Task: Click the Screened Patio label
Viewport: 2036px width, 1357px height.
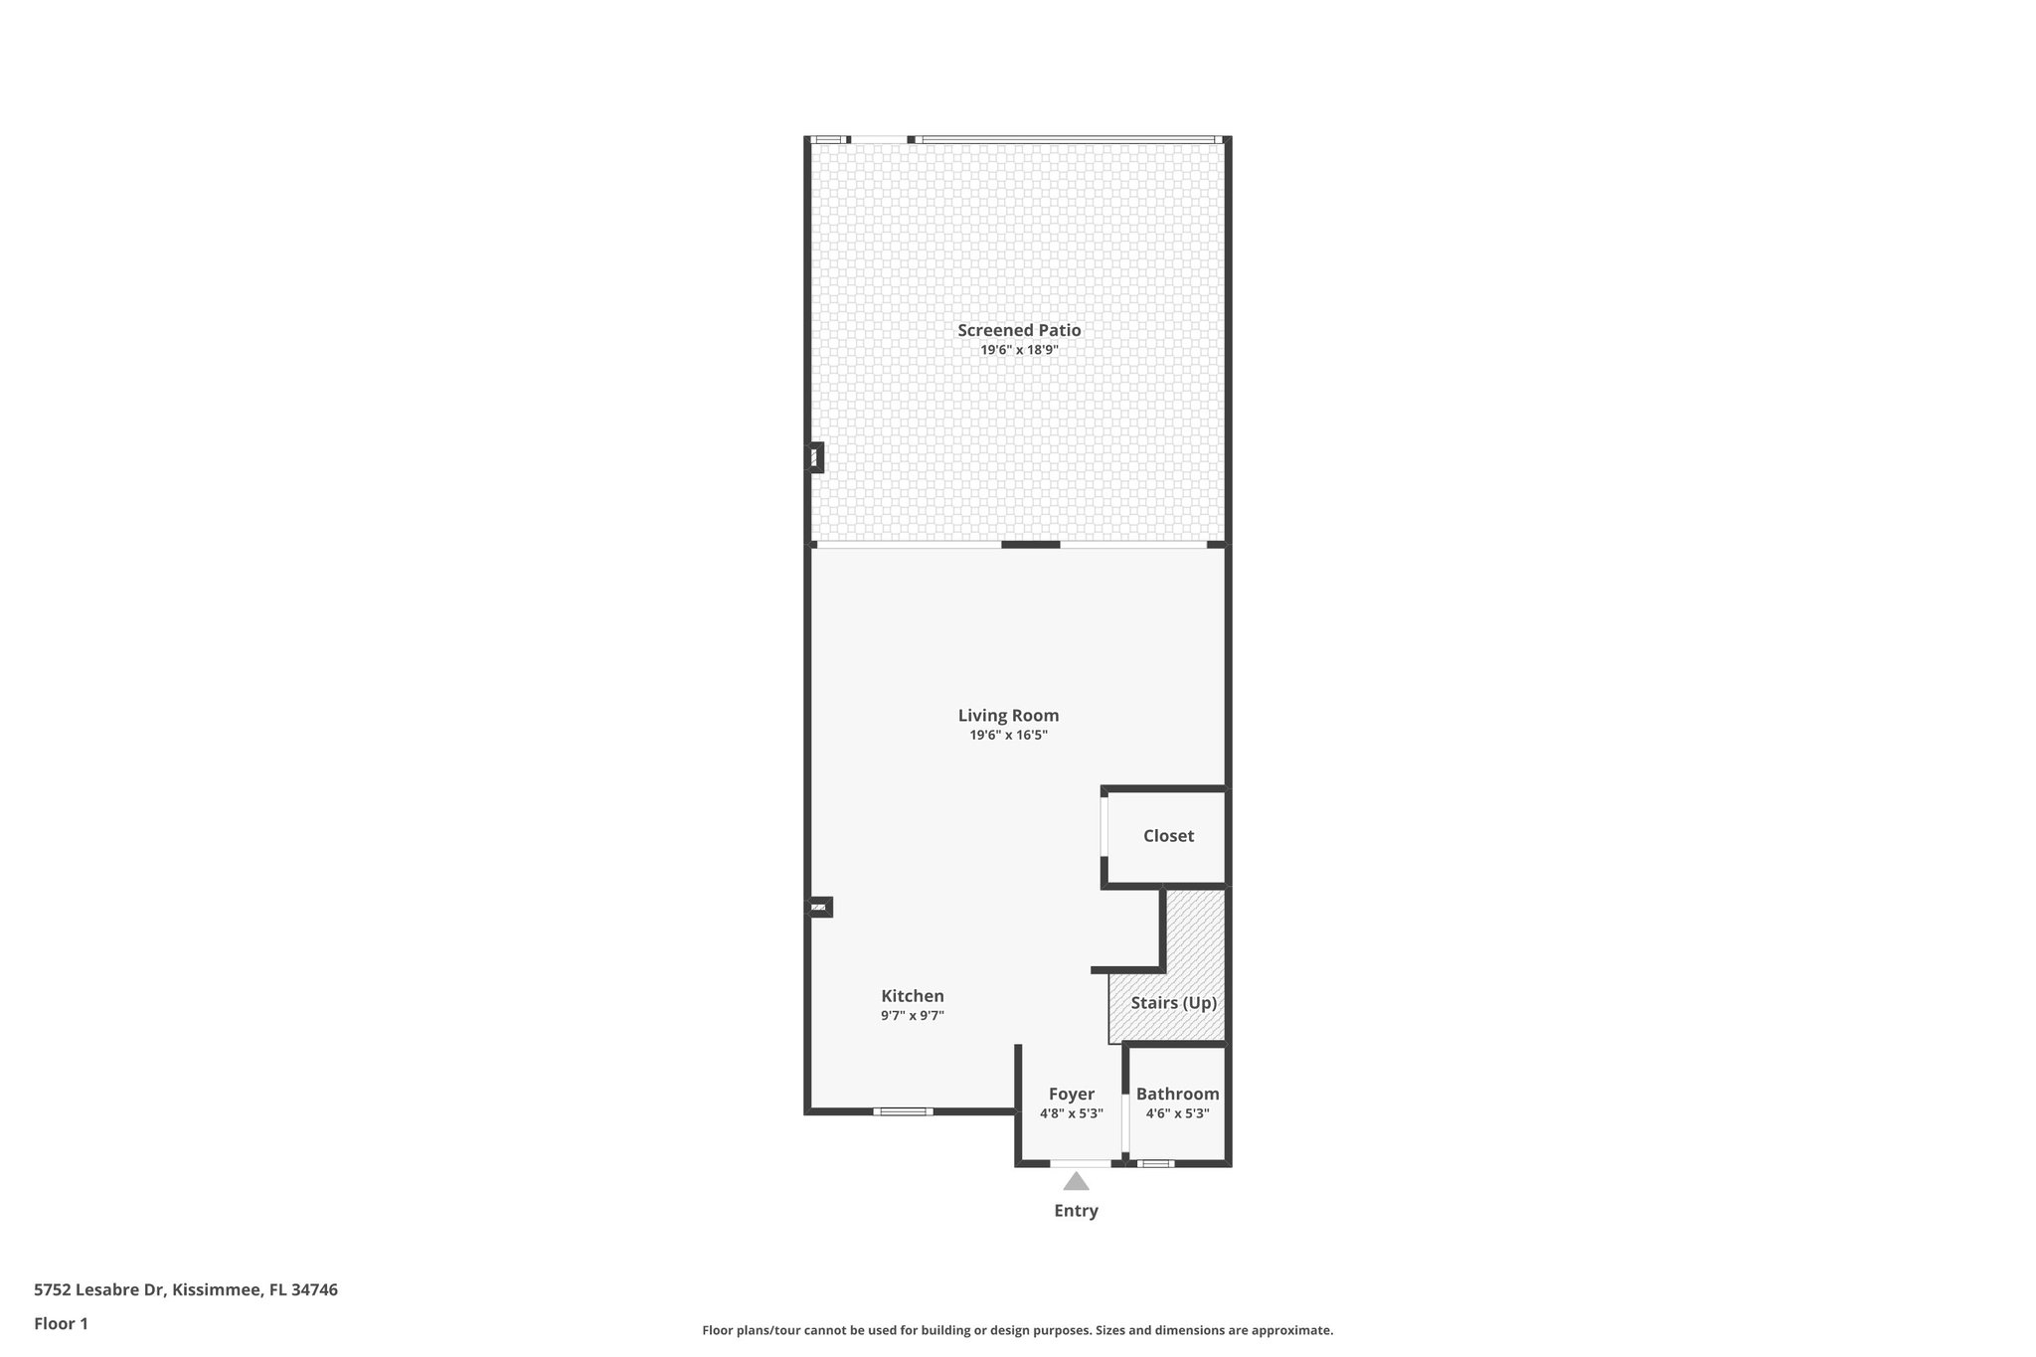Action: (x=1019, y=330)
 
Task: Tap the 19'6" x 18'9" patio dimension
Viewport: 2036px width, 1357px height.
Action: (x=1019, y=350)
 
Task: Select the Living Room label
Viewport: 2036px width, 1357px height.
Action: (x=1008, y=715)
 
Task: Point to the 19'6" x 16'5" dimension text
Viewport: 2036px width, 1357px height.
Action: (x=1008, y=736)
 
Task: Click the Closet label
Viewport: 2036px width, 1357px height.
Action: (x=1168, y=836)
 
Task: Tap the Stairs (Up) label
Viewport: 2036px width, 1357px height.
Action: (x=1173, y=1003)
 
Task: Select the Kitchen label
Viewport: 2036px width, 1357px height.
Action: (x=913, y=996)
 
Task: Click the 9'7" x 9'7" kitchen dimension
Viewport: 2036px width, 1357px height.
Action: (x=913, y=1016)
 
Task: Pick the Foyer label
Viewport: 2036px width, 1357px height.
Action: (x=1071, y=1095)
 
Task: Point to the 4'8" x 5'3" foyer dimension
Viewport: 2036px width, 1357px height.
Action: (x=1071, y=1113)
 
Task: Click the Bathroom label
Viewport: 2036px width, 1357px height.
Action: (x=1177, y=1095)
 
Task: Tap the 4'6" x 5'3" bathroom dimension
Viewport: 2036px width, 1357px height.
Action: (x=1177, y=1113)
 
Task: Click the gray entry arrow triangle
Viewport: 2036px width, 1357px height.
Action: (x=1076, y=1182)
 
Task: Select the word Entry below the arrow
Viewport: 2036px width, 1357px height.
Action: (x=1076, y=1211)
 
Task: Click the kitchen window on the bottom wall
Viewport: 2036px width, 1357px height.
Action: (x=903, y=1111)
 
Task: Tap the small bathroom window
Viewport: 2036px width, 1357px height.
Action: (x=1154, y=1163)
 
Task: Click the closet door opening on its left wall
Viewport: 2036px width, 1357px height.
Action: (x=1103, y=826)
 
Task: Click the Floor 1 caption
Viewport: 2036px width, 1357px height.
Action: (x=61, y=1324)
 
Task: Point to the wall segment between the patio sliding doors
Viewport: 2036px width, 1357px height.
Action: (x=1030, y=545)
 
